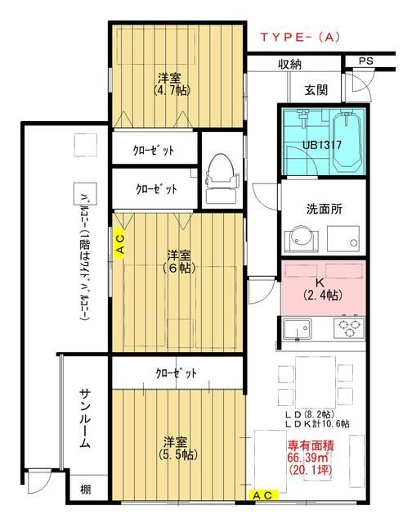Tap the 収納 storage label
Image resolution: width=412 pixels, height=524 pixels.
click(x=290, y=64)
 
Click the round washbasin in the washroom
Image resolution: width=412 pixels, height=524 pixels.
click(x=298, y=239)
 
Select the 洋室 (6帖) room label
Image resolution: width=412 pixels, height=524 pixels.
click(x=176, y=260)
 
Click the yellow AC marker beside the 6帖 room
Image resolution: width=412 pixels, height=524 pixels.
click(x=119, y=243)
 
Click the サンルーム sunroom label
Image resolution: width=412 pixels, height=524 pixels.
click(x=84, y=418)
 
